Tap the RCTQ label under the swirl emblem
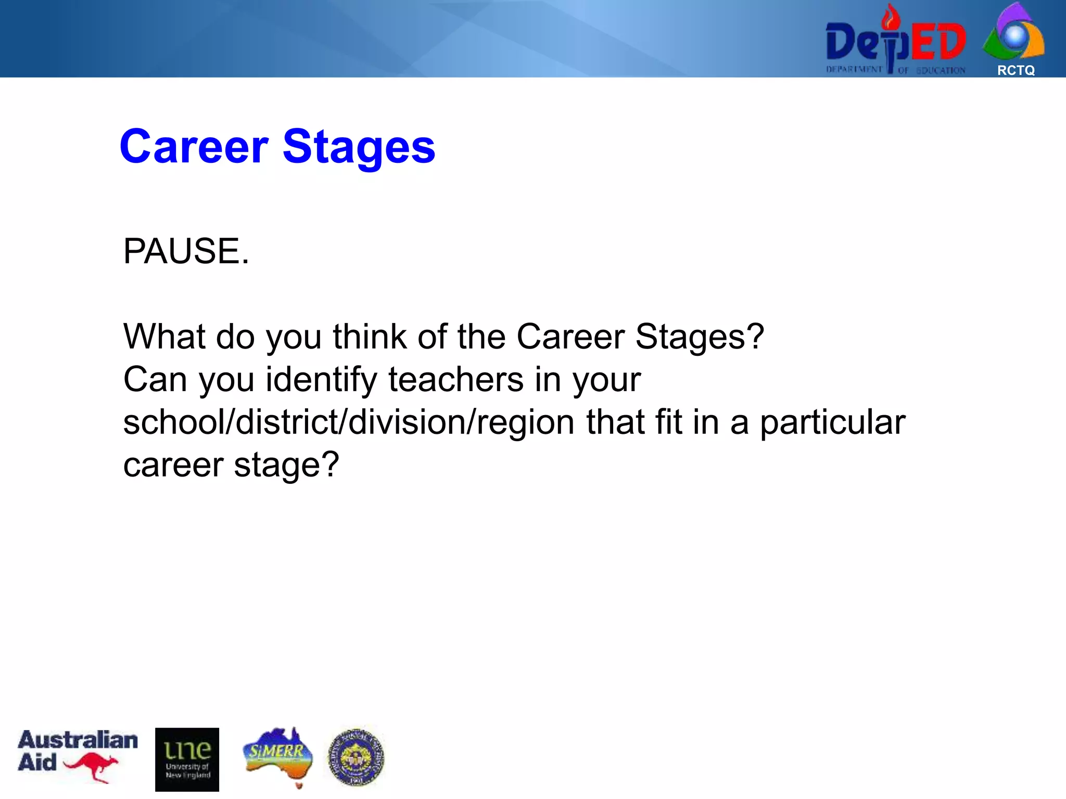[1016, 71]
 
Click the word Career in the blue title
[194, 147]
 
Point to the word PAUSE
[186, 251]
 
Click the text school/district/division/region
[349, 422]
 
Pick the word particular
[832, 422]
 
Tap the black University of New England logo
[187, 759]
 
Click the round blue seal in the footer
[357, 757]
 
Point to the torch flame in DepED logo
[891, 18]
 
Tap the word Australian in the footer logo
[78, 740]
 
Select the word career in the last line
[173, 465]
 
